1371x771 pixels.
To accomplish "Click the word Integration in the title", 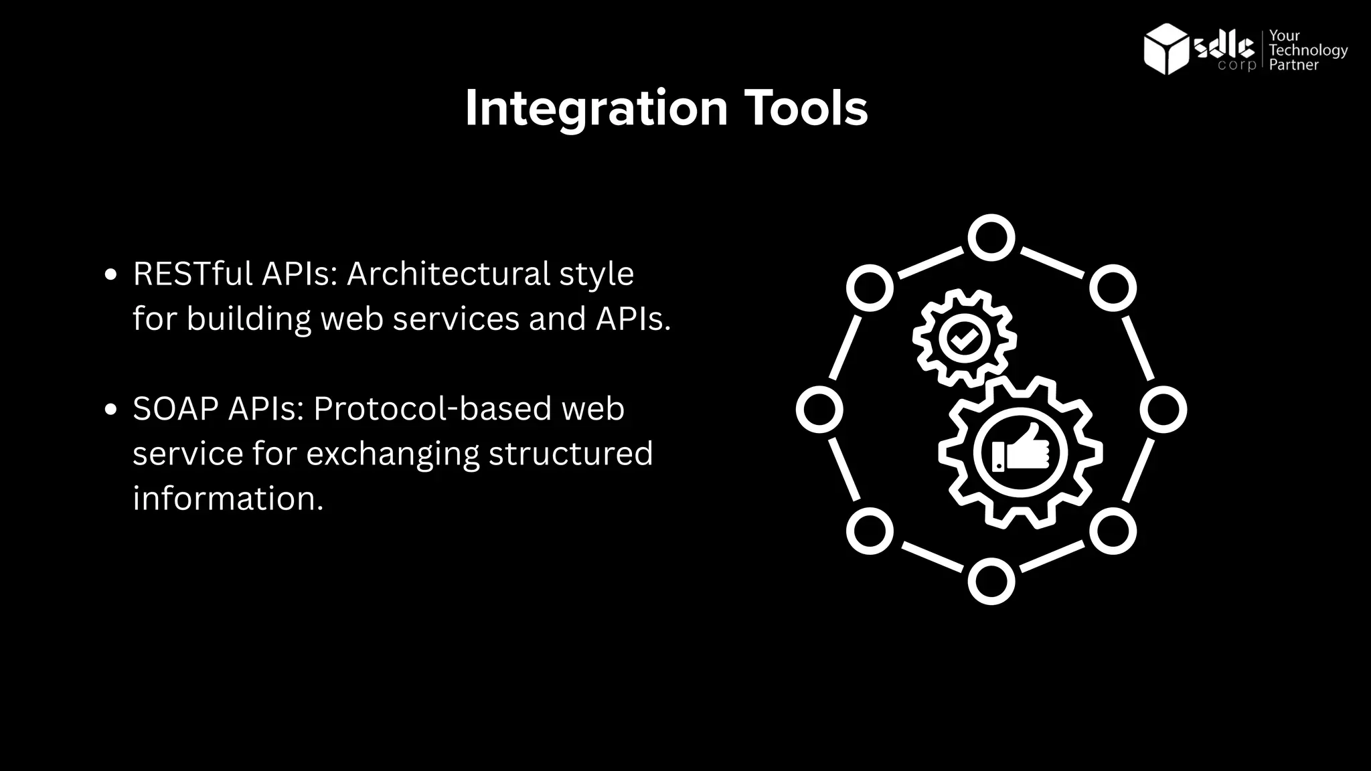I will pos(596,108).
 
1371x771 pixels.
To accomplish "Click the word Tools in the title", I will pos(806,108).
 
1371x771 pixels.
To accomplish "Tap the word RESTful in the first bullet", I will pos(193,274).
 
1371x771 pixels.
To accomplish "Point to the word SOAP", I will pos(175,409).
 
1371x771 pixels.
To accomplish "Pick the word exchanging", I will pos(393,454).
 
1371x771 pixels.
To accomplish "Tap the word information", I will pos(228,499).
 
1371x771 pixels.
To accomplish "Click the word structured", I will pos(570,454).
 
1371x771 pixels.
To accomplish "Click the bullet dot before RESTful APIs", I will pos(112,274).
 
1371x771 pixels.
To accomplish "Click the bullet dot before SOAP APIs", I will pos(112,410).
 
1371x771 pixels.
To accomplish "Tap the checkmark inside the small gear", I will pos(965,338).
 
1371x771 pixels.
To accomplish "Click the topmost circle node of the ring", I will pos(991,238).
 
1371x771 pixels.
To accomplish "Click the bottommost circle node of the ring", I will pos(991,581).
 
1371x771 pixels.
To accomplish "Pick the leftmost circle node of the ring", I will pos(819,410).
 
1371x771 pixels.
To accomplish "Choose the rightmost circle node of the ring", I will pos(1163,410).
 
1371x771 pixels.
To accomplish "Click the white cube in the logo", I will pos(1166,48).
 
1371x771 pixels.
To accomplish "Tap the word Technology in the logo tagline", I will pos(1308,50).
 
